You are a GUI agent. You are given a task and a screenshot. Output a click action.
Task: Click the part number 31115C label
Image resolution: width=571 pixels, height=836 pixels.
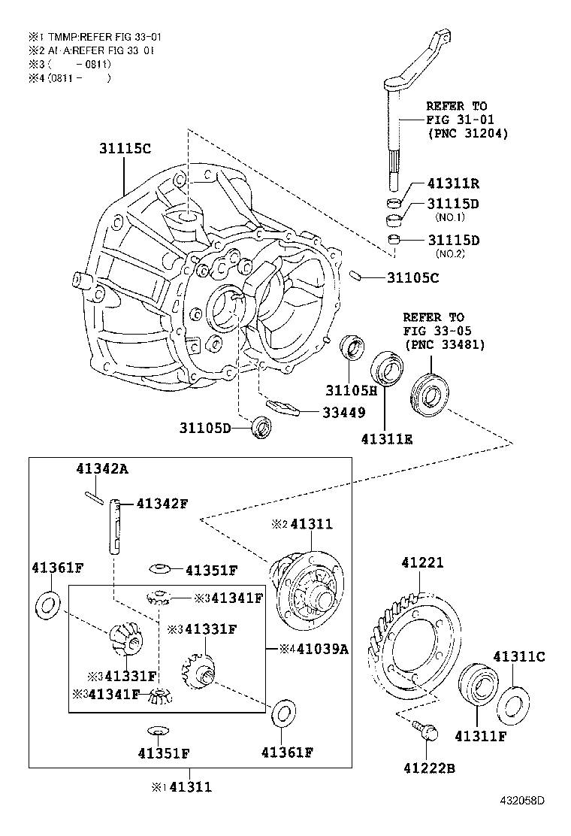point(125,148)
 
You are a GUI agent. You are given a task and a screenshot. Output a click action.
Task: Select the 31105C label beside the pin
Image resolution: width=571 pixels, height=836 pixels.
point(412,278)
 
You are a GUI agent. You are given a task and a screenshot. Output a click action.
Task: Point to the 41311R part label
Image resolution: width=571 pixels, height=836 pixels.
point(454,183)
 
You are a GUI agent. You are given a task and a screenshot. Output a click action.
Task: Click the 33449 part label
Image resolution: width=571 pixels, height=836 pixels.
point(344,412)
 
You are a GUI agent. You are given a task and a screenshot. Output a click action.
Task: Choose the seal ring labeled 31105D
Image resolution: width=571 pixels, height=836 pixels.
point(261,426)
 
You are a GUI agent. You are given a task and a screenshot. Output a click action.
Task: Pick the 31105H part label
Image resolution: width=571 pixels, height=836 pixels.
point(351,390)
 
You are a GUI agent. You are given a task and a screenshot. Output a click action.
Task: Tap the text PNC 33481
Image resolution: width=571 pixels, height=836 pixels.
point(445,344)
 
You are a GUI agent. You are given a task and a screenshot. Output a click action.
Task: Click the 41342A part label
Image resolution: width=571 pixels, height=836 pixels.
point(102,468)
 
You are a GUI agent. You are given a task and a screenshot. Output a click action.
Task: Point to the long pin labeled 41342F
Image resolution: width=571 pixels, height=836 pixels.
point(116,526)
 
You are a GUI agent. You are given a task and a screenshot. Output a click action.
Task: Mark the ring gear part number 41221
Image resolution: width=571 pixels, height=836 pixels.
point(422,562)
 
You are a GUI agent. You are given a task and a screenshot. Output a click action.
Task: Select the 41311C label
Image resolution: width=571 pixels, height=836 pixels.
point(518,656)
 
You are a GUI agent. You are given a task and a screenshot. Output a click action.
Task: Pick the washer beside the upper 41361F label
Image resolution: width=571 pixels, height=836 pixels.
point(47,604)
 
